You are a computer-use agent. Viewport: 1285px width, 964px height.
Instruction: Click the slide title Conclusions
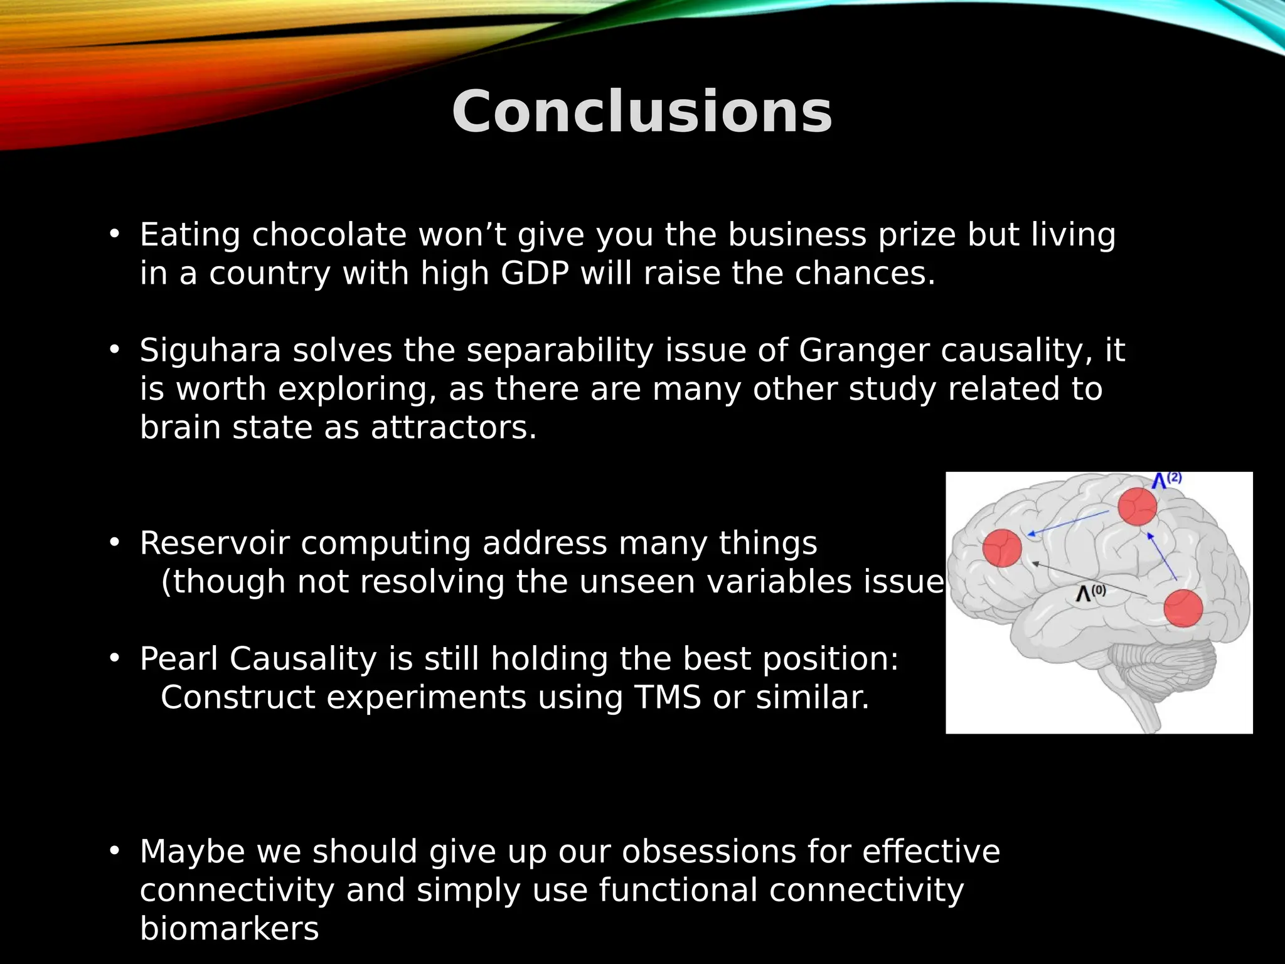click(x=642, y=112)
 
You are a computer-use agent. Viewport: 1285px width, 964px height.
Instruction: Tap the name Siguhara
click(x=210, y=350)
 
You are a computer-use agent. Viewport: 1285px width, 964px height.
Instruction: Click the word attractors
click(x=453, y=428)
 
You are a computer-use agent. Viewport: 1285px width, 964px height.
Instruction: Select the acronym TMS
click(x=667, y=697)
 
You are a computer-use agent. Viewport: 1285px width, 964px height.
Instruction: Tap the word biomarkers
click(x=229, y=928)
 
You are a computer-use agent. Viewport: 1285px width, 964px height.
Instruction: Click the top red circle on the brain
click(x=1137, y=506)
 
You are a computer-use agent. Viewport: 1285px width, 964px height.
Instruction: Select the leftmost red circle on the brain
click(x=1001, y=548)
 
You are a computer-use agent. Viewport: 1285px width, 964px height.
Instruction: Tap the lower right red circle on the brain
click(x=1183, y=608)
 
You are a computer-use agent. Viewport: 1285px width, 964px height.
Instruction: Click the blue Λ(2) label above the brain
click(x=1166, y=481)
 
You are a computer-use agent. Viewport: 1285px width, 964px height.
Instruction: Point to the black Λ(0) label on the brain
click(x=1090, y=592)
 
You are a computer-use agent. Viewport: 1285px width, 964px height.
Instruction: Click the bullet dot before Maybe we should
click(x=114, y=851)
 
